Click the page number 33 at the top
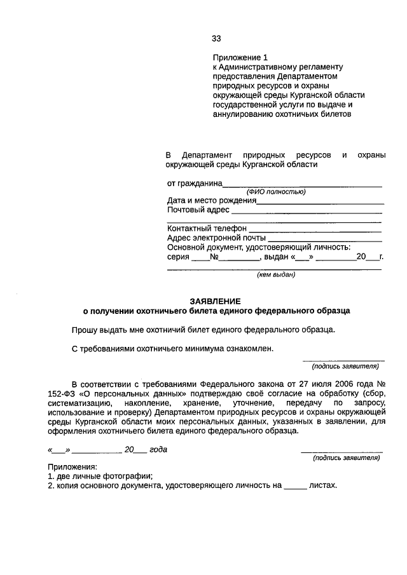[x=216, y=38]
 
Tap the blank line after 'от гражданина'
[x=302, y=184]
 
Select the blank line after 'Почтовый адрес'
[x=307, y=211]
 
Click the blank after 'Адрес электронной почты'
[x=325, y=238]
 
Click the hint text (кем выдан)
[x=275, y=275]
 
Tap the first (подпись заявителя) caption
[x=345, y=366]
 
